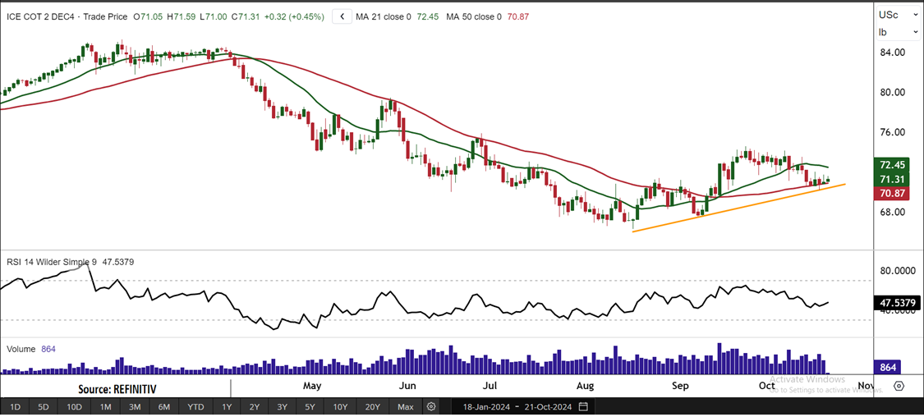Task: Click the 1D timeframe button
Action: click(x=16, y=407)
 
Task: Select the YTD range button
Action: click(x=195, y=407)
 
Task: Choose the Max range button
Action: click(x=405, y=407)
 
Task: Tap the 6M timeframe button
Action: click(x=164, y=407)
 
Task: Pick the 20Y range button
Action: click(x=373, y=407)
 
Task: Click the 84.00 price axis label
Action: click(x=892, y=53)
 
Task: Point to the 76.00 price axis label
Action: click(x=892, y=132)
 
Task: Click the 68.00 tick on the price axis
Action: click(x=892, y=212)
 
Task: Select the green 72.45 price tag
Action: click(x=892, y=164)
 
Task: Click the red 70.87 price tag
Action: click(x=892, y=194)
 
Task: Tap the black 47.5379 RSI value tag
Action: click(x=896, y=303)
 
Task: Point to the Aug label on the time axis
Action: click(x=586, y=385)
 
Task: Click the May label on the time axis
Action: click(x=311, y=385)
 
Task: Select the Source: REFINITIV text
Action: click(x=117, y=388)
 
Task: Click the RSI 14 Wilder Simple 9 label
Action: click(x=52, y=262)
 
